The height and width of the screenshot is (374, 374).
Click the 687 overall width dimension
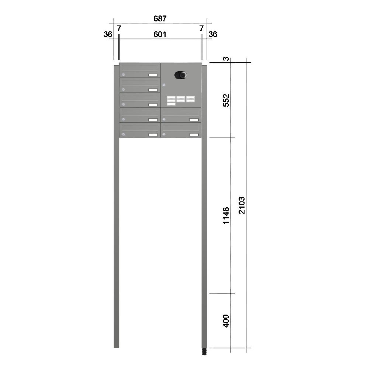click(x=160, y=18)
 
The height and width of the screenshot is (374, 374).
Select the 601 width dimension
click(x=160, y=34)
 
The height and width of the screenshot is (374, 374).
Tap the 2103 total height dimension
click(x=242, y=205)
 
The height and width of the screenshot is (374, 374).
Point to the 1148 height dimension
click(x=226, y=215)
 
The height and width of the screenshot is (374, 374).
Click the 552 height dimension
click(x=226, y=100)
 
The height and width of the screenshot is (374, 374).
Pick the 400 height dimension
click(x=226, y=321)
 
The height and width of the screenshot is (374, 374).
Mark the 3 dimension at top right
click(x=226, y=58)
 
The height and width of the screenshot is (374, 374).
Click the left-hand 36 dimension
click(x=108, y=34)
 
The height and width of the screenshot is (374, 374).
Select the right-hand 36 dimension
click(x=213, y=34)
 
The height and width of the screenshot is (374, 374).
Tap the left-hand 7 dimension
click(x=119, y=28)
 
